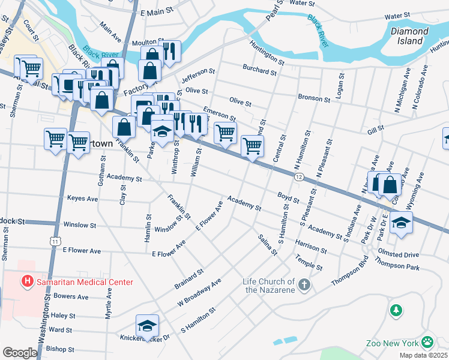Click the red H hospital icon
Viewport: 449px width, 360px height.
click(x=27, y=280)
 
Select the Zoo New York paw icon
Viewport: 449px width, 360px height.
click(x=427, y=343)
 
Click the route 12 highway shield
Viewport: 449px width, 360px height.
click(x=298, y=176)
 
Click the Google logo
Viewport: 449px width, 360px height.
click(x=19, y=353)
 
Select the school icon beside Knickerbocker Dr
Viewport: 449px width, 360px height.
click(x=147, y=326)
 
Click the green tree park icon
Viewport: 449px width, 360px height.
click(x=396, y=310)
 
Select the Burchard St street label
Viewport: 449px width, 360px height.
click(x=260, y=71)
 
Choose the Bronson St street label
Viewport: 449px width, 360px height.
click(x=314, y=98)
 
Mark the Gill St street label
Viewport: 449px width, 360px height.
click(x=375, y=129)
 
